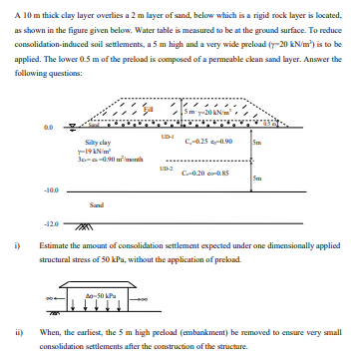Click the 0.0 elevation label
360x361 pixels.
pos(48,127)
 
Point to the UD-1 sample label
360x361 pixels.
pos(167,134)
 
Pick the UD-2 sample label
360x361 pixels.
pos(167,173)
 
